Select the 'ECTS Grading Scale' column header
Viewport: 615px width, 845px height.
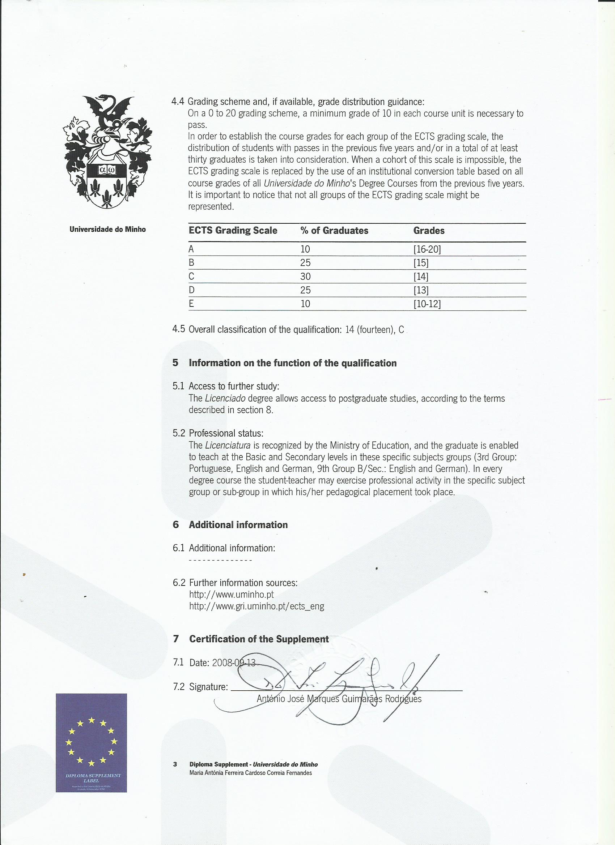[x=233, y=231]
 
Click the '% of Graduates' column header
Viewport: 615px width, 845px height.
[x=334, y=231]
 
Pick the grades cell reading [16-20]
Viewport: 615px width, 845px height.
[x=427, y=249]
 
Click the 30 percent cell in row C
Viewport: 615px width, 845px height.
[x=305, y=276]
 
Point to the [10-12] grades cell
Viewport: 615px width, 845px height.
[x=427, y=304]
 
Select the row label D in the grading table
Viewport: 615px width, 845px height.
[x=192, y=290]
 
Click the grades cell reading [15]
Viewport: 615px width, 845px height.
[x=421, y=263]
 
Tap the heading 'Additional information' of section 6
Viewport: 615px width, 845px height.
[x=238, y=525]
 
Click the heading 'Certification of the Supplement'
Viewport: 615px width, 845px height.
[x=259, y=639]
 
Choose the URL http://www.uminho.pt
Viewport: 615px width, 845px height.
[x=232, y=594]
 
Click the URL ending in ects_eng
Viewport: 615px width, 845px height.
[x=256, y=606]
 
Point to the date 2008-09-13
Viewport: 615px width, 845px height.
[x=233, y=663]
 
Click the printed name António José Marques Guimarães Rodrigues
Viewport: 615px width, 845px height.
[x=339, y=699]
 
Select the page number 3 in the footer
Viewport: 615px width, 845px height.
[x=175, y=764]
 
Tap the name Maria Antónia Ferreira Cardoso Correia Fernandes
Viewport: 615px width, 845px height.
[x=251, y=773]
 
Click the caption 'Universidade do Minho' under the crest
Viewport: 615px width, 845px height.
[x=108, y=230]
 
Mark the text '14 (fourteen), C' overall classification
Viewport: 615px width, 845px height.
[x=374, y=330]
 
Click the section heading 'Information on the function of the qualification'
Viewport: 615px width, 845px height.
[x=293, y=363]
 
